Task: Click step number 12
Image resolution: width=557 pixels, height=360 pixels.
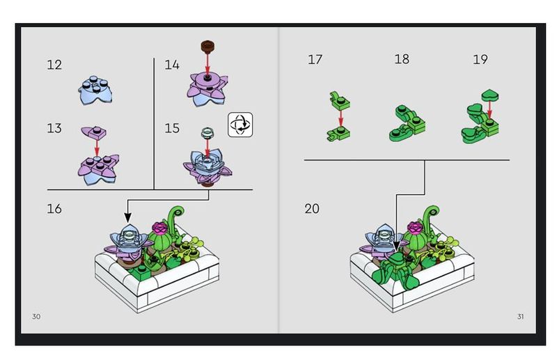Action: [x=54, y=65]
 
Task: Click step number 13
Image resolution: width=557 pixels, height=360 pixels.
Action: [x=54, y=129]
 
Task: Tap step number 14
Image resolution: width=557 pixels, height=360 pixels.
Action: [x=172, y=65]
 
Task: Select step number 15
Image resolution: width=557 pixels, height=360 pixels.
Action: [x=172, y=129]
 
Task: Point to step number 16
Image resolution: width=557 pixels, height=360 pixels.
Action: [x=55, y=208]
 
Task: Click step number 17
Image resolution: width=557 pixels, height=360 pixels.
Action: [x=315, y=60]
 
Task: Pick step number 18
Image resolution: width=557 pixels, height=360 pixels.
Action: [x=402, y=60]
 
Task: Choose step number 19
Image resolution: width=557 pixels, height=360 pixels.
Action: [x=480, y=60]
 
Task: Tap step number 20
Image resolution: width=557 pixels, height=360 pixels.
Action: [x=312, y=208]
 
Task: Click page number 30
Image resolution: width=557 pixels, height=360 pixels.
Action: [x=36, y=317]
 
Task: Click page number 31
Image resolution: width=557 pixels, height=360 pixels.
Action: [x=520, y=317]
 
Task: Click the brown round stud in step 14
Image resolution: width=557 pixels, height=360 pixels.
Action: [x=207, y=48]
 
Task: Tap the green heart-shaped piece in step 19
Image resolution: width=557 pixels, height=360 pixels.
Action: [x=491, y=95]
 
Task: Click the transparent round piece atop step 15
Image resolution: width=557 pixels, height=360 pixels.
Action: [x=206, y=133]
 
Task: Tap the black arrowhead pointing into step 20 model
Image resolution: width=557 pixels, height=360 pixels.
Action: [x=397, y=244]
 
